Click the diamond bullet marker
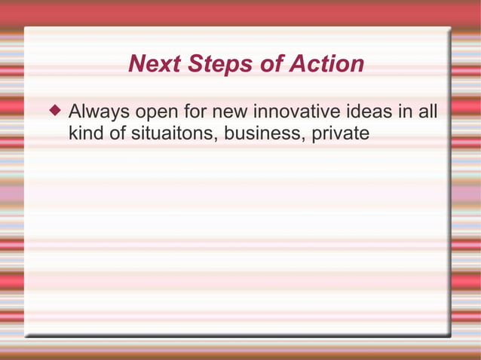[54, 112]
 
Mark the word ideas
[371, 113]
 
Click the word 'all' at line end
[427, 113]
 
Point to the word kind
[86, 133]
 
